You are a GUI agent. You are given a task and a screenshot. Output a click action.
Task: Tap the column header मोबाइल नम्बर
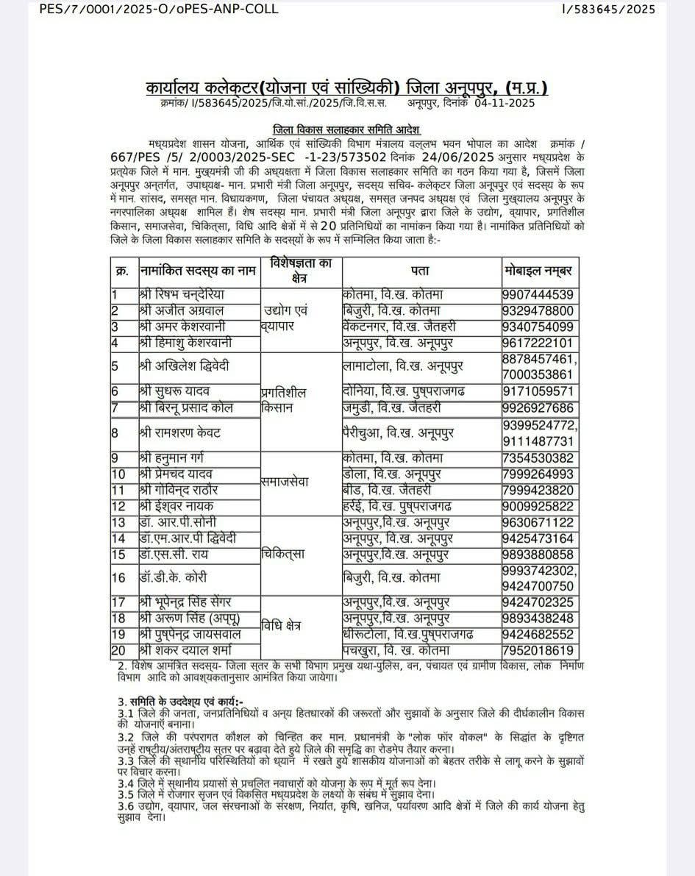tap(539, 271)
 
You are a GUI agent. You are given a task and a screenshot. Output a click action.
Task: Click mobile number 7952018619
tap(539, 651)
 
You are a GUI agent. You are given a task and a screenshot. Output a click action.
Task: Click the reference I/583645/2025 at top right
tap(608, 9)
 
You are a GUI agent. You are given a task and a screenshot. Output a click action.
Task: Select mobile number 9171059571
tap(539, 392)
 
